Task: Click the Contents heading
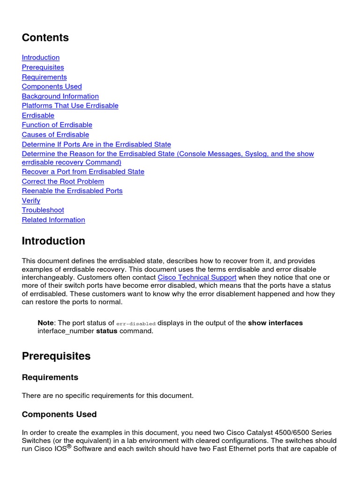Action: [x=45, y=37]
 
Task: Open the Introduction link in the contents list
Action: [x=41, y=58]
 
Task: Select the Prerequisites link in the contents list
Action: [x=43, y=67]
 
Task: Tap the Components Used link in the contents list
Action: [x=52, y=87]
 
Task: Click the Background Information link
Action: [x=60, y=97]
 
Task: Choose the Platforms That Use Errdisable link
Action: [x=70, y=106]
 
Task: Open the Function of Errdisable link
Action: [x=57, y=125]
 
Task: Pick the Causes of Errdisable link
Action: [x=55, y=135]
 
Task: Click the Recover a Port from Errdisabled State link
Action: [x=83, y=172]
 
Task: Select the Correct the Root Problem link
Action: [x=63, y=181]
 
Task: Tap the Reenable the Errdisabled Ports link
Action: [x=72, y=191]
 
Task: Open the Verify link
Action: [x=31, y=201]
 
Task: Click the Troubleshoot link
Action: [x=43, y=210]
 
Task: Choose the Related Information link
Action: [x=53, y=220]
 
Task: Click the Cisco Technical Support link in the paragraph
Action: [x=197, y=277]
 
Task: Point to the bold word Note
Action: [x=45, y=323]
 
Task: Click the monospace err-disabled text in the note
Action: [x=135, y=323]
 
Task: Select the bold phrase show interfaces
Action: [x=275, y=323]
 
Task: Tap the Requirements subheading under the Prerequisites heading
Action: [x=50, y=377]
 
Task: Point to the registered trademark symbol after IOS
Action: [x=69, y=446]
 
